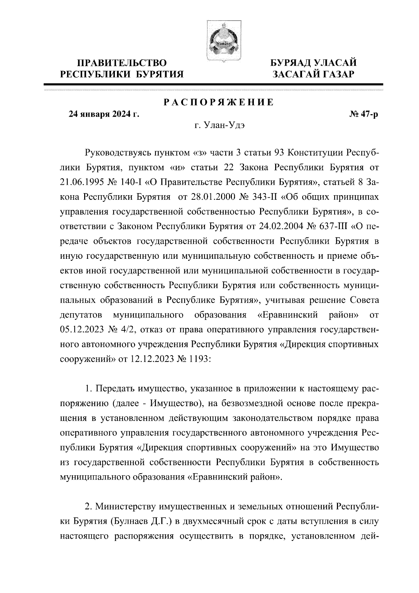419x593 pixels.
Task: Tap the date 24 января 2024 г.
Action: (104, 114)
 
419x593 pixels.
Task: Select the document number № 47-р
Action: (363, 114)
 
